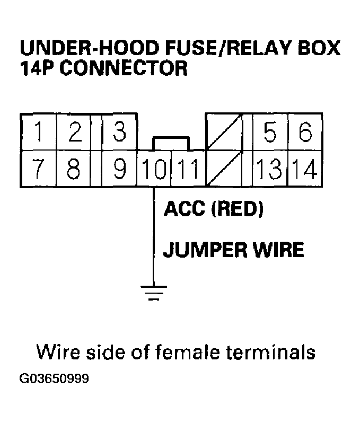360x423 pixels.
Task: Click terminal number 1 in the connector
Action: tap(39, 132)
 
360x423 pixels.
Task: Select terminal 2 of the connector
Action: tap(75, 132)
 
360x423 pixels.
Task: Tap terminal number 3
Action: tap(120, 132)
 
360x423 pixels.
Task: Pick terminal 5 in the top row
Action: tap(269, 132)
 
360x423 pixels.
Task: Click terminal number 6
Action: tap(305, 132)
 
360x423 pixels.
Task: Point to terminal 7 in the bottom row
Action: tap(39, 169)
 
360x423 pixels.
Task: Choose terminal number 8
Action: tap(75, 169)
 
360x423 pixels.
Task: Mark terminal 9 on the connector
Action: tap(120, 169)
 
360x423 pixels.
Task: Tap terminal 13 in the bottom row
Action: tap(269, 170)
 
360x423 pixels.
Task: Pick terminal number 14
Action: tap(305, 170)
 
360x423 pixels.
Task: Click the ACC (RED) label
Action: tap(213, 210)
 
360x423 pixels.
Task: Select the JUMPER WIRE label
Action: tap(233, 249)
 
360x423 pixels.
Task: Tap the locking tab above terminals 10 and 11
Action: tap(170, 143)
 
